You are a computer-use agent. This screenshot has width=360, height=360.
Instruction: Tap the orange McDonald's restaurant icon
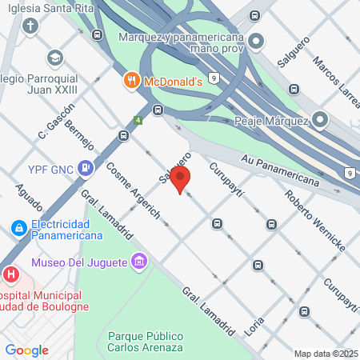(x=132, y=81)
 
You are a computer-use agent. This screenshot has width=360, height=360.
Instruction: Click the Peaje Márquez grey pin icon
(x=320, y=121)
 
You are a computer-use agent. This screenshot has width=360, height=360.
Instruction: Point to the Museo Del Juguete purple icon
(x=140, y=262)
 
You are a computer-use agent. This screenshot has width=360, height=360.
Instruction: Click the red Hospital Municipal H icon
(x=10, y=274)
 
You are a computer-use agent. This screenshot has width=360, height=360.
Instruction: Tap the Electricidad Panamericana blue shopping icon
(x=18, y=229)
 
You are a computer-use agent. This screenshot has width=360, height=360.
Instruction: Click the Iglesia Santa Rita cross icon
(x=30, y=26)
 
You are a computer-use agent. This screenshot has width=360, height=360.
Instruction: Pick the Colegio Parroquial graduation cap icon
(x=54, y=58)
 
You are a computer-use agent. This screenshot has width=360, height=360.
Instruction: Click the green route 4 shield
(x=138, y=121)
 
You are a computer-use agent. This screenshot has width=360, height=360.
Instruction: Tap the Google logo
(x=26, y=350)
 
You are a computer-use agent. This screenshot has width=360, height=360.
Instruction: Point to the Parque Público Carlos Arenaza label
(x=145, y=342)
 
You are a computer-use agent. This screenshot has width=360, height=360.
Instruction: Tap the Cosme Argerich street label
(x=133, y=191)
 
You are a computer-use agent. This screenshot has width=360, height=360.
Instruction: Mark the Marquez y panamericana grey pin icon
(x=256, y=41)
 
